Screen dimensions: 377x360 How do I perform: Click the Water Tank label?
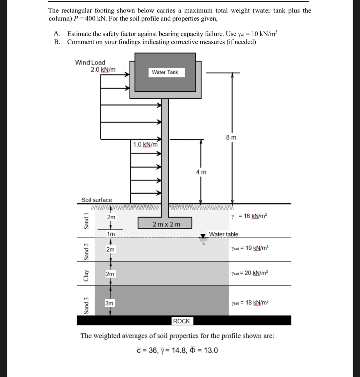pos(165,72)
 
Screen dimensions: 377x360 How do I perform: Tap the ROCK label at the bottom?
pos(182,321)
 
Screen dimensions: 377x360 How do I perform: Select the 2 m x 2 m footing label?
pos(167,224)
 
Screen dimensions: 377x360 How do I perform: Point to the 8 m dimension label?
pos(231,138)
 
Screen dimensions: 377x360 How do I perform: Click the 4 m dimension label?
pos(201,172)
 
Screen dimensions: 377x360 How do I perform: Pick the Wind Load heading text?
pos(90,62)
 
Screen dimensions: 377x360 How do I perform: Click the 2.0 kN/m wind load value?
pos(103,70)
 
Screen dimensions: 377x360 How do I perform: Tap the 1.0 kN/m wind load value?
pos(145,144)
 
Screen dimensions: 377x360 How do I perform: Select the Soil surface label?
pos(97,200)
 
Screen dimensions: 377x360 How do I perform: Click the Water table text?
pos(224,234)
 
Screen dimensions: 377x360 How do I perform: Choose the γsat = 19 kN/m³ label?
pos(250,248)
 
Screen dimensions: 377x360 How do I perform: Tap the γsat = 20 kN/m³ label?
pos(250,273)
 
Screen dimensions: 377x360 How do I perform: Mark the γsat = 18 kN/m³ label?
pos(250,302)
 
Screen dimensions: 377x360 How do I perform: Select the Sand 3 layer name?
pos(86,305)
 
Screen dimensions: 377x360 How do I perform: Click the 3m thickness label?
pos(109,303)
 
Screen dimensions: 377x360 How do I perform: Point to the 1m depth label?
pos(111,234)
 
